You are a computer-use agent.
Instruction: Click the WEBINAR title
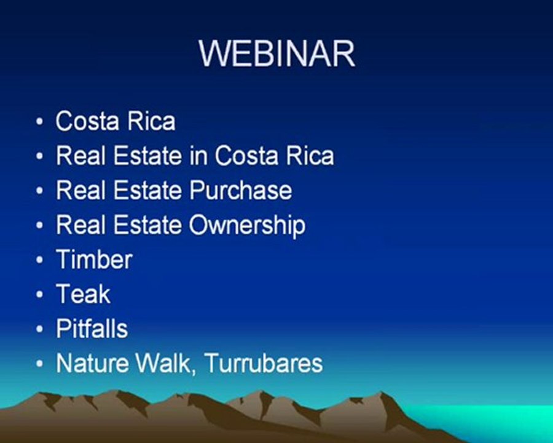point(277,54)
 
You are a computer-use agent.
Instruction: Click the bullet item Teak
point(83,294)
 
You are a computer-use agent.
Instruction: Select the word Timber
point(94,259)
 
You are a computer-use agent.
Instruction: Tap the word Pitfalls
point(92,329)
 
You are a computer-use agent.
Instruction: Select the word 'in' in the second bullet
point(198,156)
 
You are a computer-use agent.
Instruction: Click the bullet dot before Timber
point(40,260)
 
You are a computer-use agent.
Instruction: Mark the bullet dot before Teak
point(40,295)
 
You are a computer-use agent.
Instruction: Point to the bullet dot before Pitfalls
point(40,329)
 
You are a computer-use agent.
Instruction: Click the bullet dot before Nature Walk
point(40,364)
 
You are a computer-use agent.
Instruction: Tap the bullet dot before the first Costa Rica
point(40,122)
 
